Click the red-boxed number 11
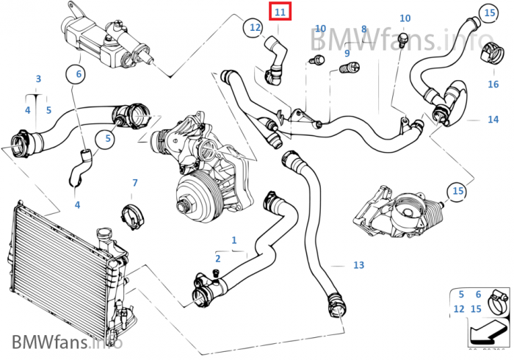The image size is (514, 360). click(x=280, y=12)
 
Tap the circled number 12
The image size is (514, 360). click(x=254, y=28)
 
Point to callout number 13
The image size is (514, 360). click(x=358, y=264)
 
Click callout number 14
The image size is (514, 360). click(x=493, y=119)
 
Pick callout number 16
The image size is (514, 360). click(x=493, y=84)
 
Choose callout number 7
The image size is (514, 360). click(x=134, y=182)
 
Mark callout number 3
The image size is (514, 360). click(x=37, y=79)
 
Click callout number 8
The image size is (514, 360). click(x=363, y=29)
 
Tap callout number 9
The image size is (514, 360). click(x=347, y=53)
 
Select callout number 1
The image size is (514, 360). click(x=234, y=240)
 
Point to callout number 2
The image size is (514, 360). click(x=217, y=259)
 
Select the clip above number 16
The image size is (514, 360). click(x=494, y=52)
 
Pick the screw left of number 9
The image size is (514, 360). click(x=318, y=60)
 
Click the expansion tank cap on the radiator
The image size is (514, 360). click(x=104, y=237)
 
